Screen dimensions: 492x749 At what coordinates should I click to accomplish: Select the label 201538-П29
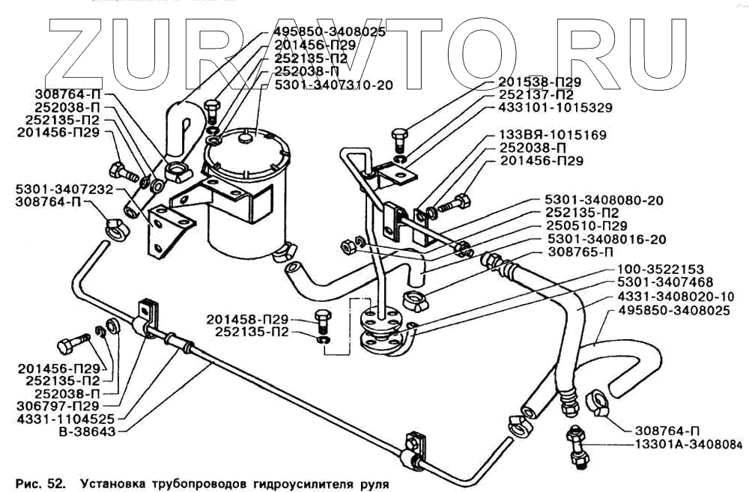coord(533,82)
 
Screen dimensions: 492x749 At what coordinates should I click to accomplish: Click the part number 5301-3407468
coord(667,283)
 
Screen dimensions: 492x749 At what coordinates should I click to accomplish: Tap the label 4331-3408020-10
coord(674,297)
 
